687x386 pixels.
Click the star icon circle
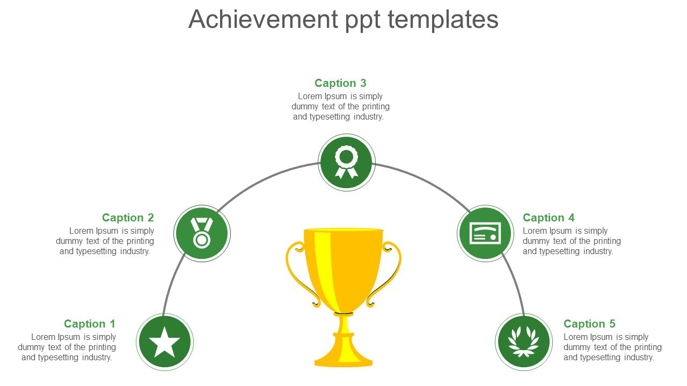coord(165,342)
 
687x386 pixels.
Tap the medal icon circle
coord(202,233)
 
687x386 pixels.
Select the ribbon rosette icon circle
coord(347,162)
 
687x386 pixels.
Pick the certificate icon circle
coord(485,233)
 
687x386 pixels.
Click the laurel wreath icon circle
coord(524,342)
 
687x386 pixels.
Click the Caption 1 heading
coord(90,324)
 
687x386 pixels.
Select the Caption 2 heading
coord(128,218)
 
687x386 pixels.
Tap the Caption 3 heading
coord(340,83)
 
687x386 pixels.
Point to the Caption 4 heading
coord(549,218)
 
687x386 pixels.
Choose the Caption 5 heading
coord(589,324)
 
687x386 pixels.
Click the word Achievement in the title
coord(263,19)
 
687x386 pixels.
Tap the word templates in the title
coord(443,19)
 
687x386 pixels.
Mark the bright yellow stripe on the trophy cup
coord(326,270)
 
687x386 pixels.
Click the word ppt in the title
coord(363,21)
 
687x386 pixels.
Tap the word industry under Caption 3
coord(368,117)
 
